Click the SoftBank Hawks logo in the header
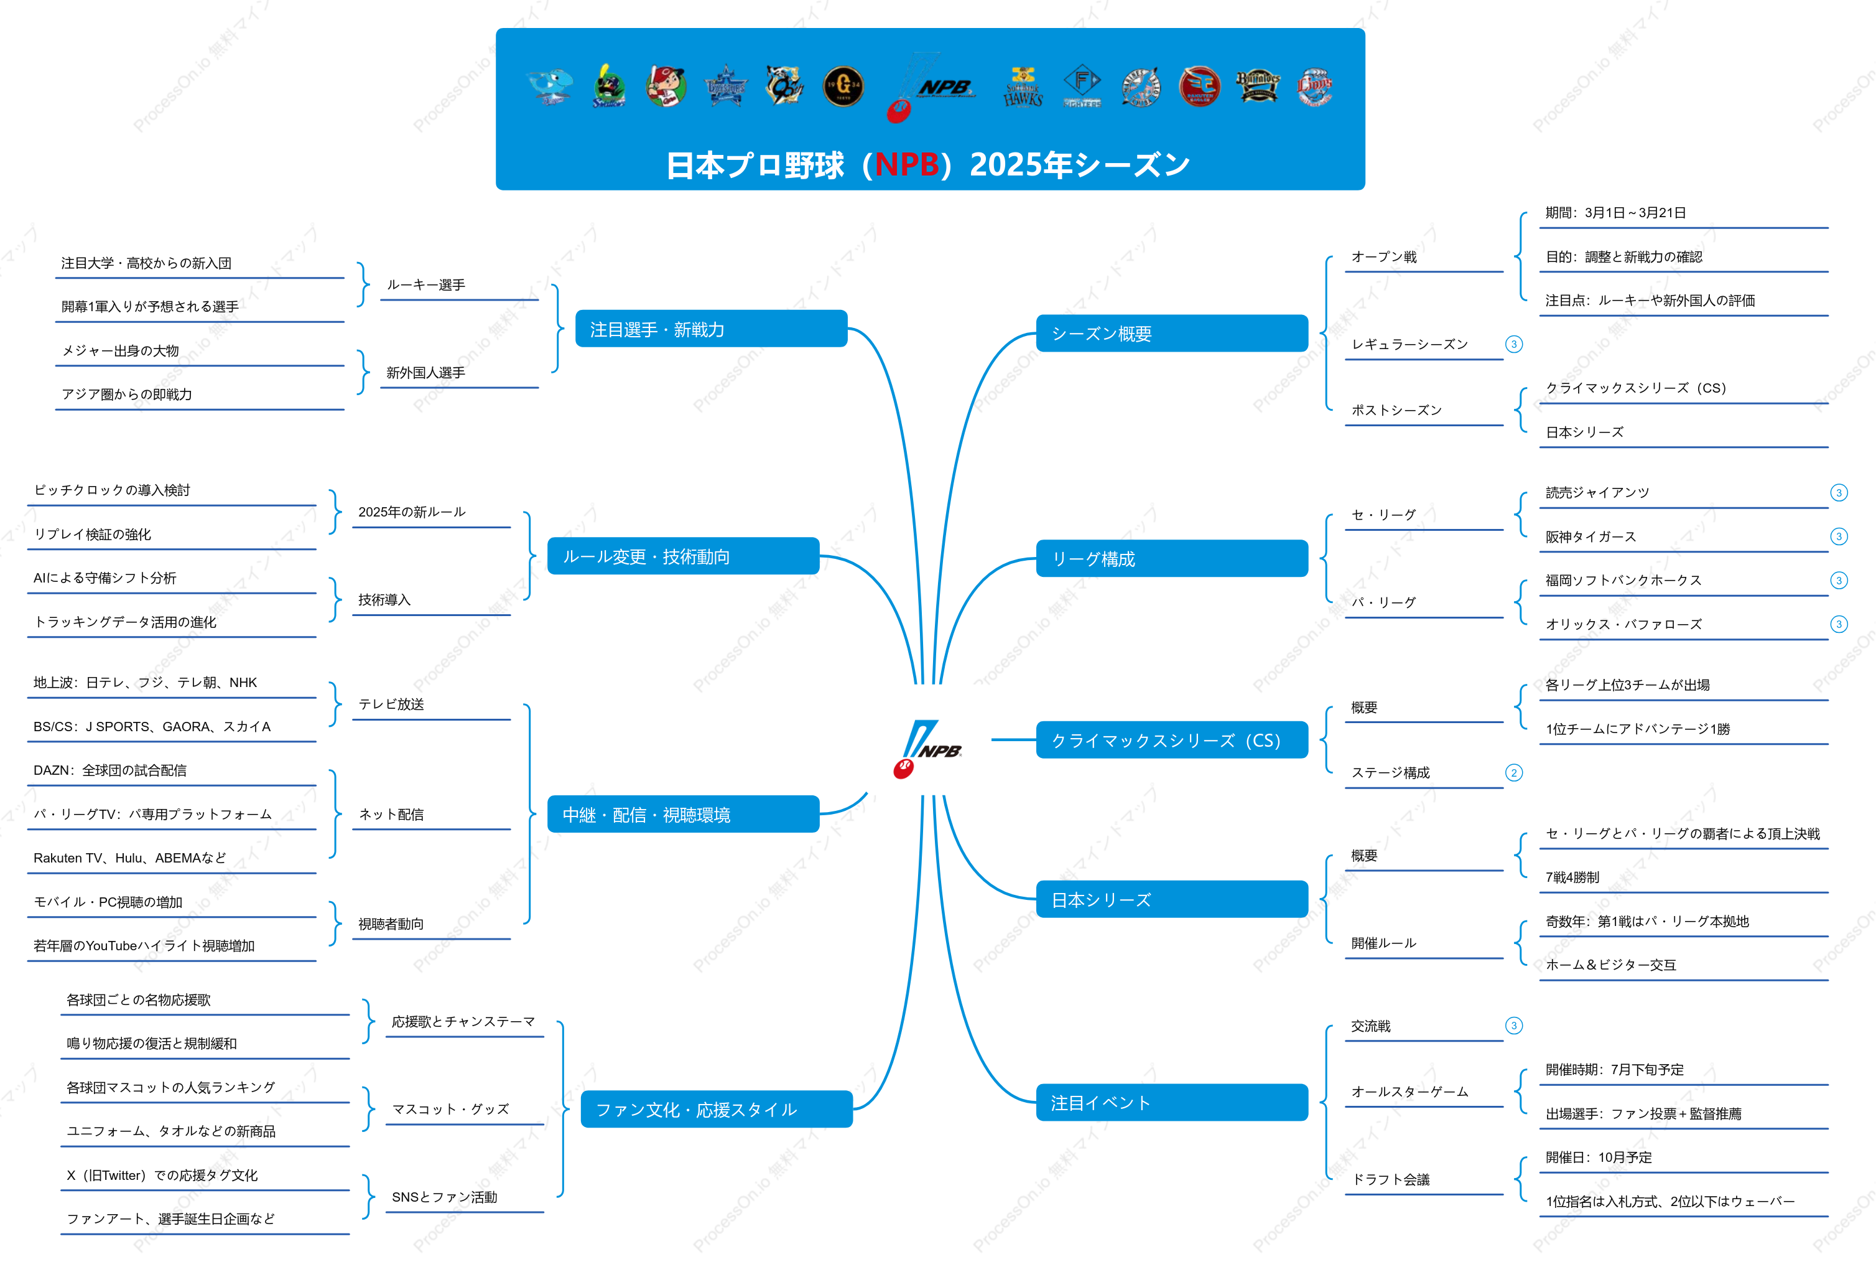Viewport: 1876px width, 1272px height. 1023,87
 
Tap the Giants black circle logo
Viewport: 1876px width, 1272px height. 843,87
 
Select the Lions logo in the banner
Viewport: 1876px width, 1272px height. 1314,87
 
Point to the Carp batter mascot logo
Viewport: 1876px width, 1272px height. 666,87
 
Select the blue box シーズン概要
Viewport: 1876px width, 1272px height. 1172,333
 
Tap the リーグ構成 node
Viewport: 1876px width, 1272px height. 1172,558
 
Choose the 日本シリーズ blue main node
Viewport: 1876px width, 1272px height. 1172,899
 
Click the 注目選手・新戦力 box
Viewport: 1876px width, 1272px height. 711,329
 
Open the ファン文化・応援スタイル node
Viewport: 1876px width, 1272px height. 717,1109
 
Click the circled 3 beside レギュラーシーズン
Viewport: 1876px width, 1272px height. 1513,344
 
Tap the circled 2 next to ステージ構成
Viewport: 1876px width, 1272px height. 1513,773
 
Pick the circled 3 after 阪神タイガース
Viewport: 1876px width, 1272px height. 1839,536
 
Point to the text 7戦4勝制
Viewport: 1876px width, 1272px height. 1572,877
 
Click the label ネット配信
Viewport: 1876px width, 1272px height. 391,814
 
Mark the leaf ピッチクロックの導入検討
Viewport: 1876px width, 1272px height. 112,490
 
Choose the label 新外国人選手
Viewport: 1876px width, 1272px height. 425,372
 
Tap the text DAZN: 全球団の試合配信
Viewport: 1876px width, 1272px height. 109,770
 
